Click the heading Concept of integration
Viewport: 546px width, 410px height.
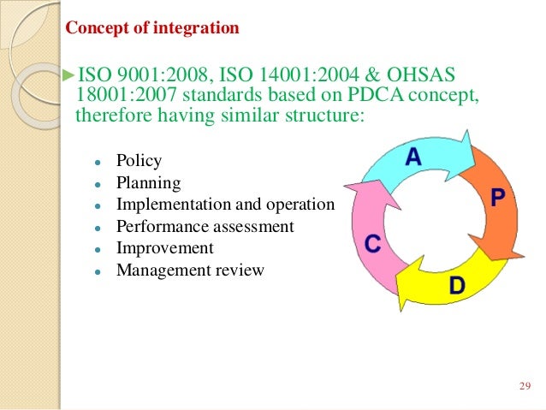point(152,28)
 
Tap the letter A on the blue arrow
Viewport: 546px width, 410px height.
point(413,157)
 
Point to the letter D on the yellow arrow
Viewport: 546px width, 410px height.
point(457,285)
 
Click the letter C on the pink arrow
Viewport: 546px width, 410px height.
point(372,244)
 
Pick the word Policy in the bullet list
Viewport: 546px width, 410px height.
point(139,160)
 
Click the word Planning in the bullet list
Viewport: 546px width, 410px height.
point(148,182)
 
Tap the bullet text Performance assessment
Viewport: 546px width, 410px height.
point(205,227)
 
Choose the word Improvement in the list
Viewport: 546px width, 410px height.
point(165,248)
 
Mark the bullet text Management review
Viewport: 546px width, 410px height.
point(191,270)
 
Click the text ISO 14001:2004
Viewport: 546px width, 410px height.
point(273,71)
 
